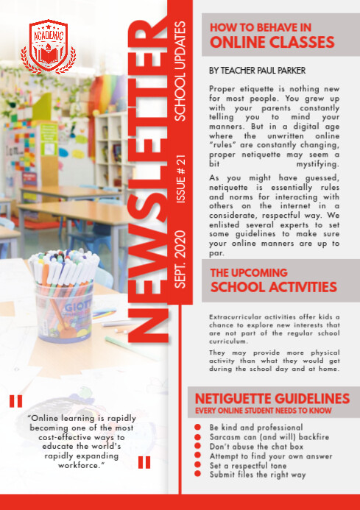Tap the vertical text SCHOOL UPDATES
point(181,71)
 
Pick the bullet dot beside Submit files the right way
point(197,475)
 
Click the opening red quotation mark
point(16,401)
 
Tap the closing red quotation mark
point(144,462)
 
